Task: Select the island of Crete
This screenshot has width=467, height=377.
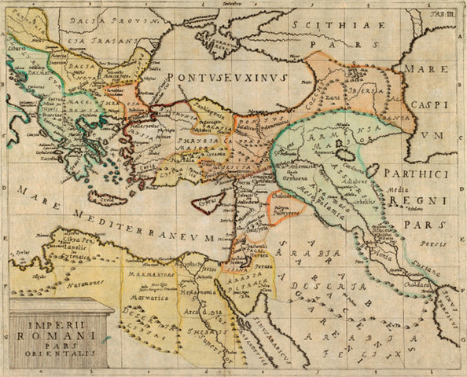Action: [107, 197]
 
